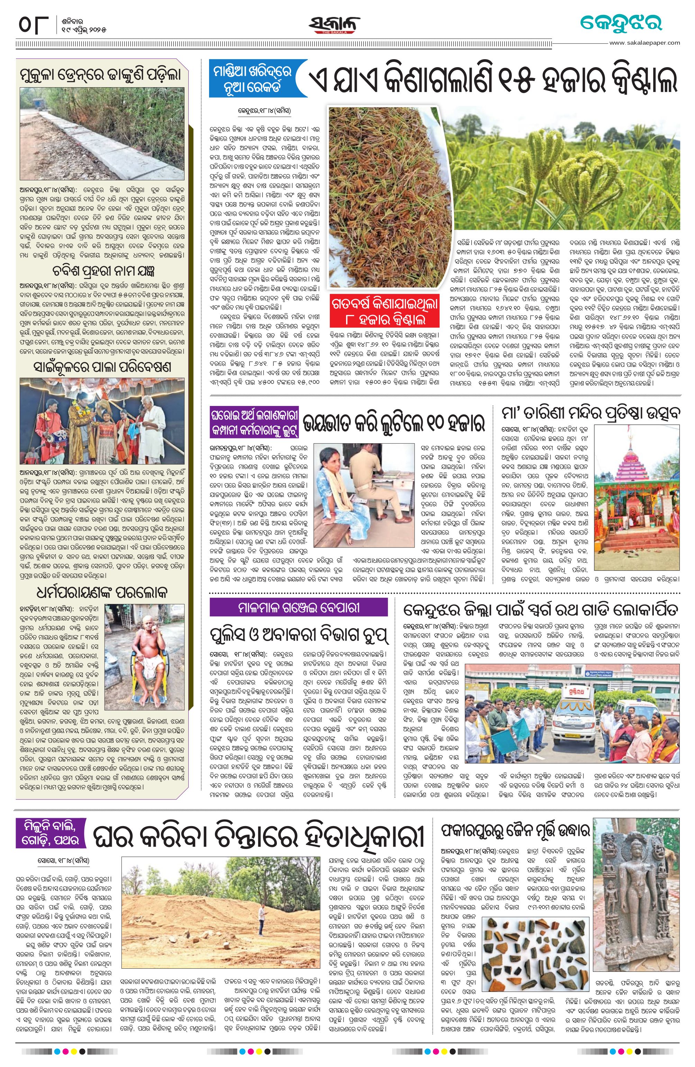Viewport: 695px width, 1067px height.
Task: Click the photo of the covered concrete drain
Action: click(102, 134)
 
